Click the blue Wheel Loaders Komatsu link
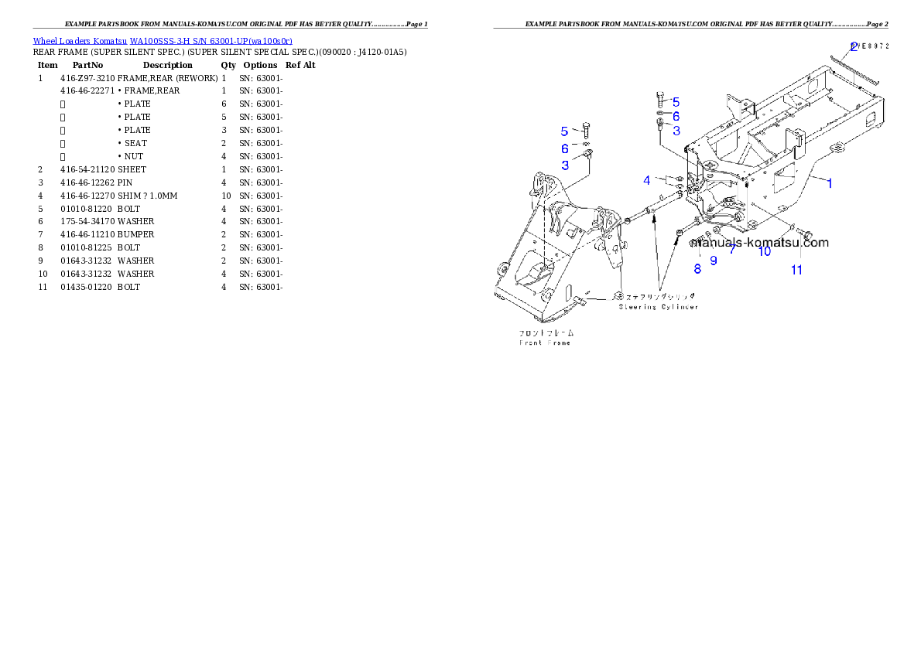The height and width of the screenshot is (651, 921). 163,41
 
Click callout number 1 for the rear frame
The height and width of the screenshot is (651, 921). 830,183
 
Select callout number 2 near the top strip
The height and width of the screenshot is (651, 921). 854,46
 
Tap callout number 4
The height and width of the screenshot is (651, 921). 646,181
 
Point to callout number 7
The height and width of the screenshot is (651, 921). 731,250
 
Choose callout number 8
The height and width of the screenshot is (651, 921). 697,269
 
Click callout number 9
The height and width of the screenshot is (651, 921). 714,261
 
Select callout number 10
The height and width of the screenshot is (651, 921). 764,252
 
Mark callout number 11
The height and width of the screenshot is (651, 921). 796,270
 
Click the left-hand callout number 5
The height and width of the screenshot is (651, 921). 564,131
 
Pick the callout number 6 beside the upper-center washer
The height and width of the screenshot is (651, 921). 676,116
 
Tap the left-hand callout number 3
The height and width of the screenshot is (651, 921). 565,165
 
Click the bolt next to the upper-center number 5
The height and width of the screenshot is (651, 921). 659,99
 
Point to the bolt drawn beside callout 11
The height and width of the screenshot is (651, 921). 801,233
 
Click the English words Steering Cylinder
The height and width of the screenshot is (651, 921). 659,307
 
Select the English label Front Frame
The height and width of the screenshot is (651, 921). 545,343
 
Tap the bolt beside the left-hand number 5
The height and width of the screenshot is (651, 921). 585,131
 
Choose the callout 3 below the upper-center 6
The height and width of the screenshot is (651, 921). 676,131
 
